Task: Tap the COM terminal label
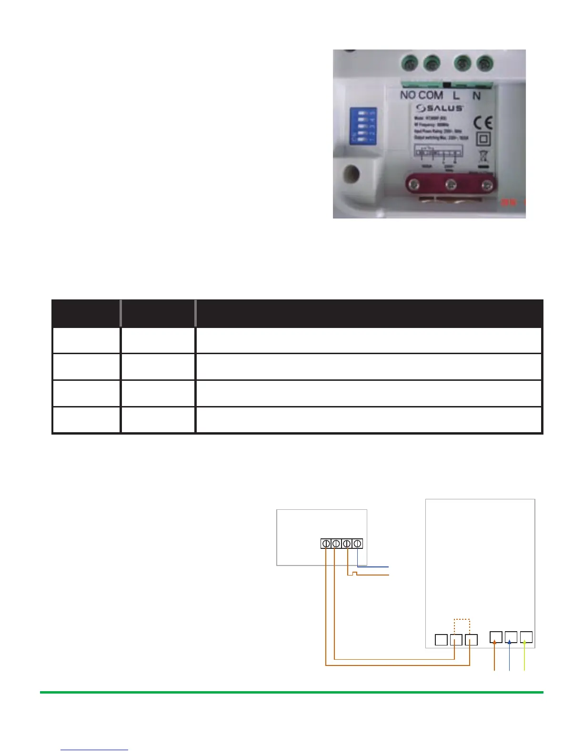(x=431, y=95)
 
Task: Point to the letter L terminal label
(x=456, y=96)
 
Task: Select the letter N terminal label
(x=476, y=96)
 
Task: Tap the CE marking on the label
(x=483, y=123)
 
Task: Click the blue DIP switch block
(x=363, y=126)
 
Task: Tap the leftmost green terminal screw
(x=410, y=62)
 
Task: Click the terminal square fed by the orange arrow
(x=496, y=637)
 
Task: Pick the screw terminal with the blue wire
(x=358, y=543)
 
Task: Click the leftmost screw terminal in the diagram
(x=326, y=543)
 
